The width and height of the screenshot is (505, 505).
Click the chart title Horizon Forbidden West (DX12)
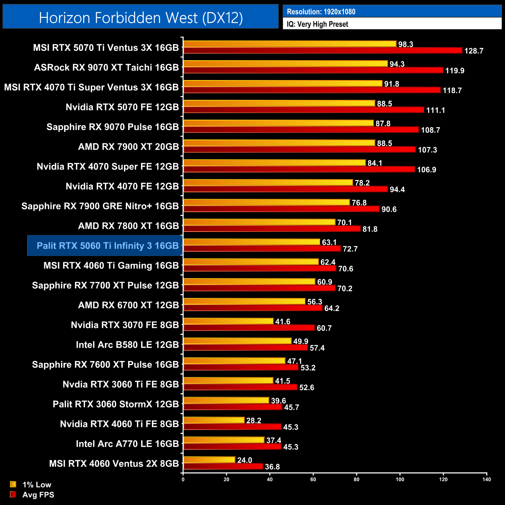[141, 18]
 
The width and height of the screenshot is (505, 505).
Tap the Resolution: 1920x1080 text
[321, 12]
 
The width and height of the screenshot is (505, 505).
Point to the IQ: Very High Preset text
[317, 24]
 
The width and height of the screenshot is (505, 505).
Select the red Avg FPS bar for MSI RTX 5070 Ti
[322, 50]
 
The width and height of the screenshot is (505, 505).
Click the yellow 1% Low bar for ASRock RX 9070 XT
[286, 64]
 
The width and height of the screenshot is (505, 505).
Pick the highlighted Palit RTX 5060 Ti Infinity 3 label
[107, 246]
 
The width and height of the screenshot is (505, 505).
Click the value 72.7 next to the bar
[350, 249]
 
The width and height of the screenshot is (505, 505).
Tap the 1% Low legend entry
[37, 484]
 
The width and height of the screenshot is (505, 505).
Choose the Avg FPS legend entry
[38, 495]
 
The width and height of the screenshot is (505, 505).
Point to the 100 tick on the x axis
[400, 479]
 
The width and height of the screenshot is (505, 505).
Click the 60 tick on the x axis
[313, 479]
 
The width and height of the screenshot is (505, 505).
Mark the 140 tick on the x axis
[486, 479]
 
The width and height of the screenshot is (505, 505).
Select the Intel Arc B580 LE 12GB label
[127, 345]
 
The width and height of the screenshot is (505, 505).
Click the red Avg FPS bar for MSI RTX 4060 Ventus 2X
[223, 466]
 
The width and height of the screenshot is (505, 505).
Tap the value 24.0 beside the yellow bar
[245, 460]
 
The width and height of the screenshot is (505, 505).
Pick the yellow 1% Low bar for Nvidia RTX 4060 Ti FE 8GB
[214, 420]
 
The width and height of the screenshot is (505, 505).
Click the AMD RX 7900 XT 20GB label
[128, 146]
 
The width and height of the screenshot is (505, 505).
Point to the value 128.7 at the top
[474, 51]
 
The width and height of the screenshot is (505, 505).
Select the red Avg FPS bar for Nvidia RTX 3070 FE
[249, 327]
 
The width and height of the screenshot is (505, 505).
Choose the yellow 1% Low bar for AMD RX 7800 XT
[259, 222]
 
